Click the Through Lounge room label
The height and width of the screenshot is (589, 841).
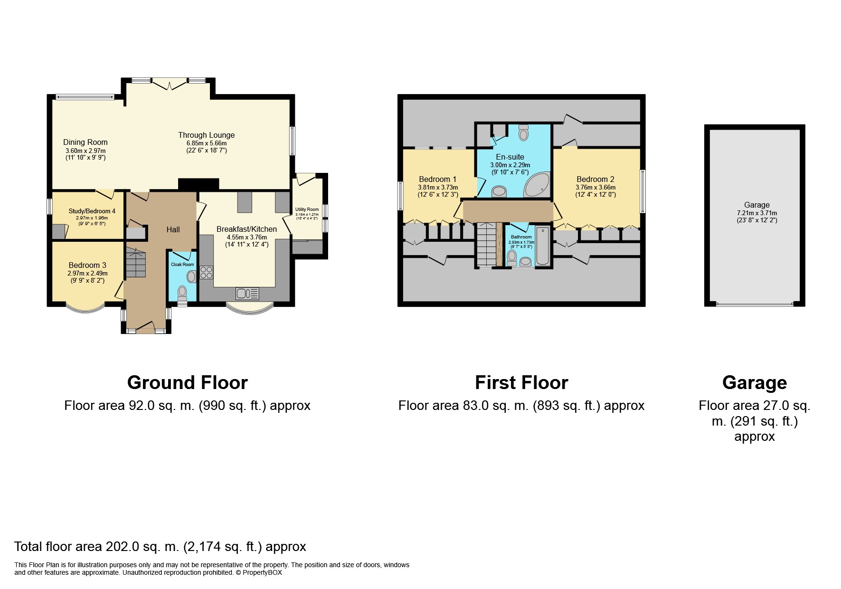coord(206,135)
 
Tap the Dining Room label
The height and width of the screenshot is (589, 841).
coord(85,142)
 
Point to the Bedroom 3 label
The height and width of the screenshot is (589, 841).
coord(87,265)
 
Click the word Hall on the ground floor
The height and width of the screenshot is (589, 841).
coord(173,229)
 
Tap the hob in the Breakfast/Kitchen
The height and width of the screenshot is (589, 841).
coord(207,272)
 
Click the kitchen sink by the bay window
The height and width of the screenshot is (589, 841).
coord(247,294)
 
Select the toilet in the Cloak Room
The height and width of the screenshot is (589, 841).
coord(182,294)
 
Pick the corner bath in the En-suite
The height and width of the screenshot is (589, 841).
coord(538,185)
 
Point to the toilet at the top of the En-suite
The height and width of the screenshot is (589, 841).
coord(524,132)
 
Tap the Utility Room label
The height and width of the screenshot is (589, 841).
coord(307,209)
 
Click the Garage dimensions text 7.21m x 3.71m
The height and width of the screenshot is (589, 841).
coord(757,213)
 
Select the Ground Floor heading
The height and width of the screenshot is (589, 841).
coord(188,382)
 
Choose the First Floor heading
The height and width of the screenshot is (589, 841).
coord(521,382)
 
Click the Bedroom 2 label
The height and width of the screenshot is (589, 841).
coord(595,179)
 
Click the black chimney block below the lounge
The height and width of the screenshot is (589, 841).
coord(198,184)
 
